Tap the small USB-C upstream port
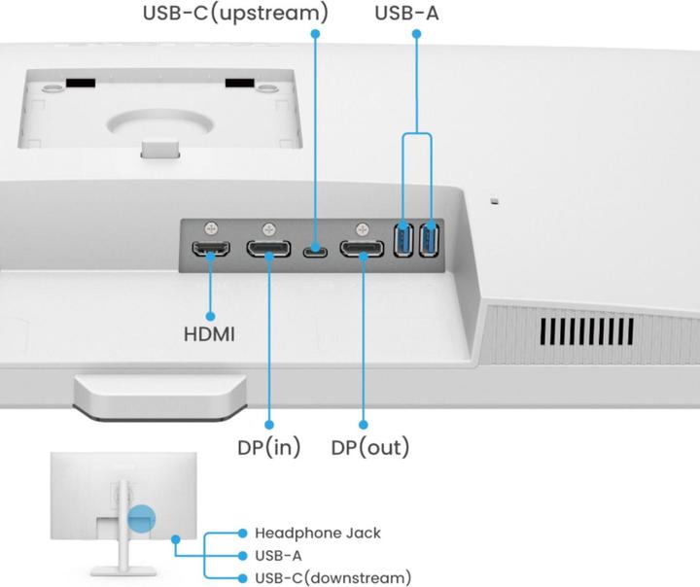tap(315, 253)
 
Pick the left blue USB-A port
tap(403, 240)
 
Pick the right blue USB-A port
tap(430, 240)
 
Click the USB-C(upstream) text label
tap(234, 14)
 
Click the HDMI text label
tap(210, 334)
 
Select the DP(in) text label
tap(269, 448)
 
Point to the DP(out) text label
tap(370, 448)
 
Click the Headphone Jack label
tap(317, 533)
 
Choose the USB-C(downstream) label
tap(332, 577)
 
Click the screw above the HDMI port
tap(210, 229)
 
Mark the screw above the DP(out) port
tap(363, 229)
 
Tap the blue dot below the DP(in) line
tap(269, 425)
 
